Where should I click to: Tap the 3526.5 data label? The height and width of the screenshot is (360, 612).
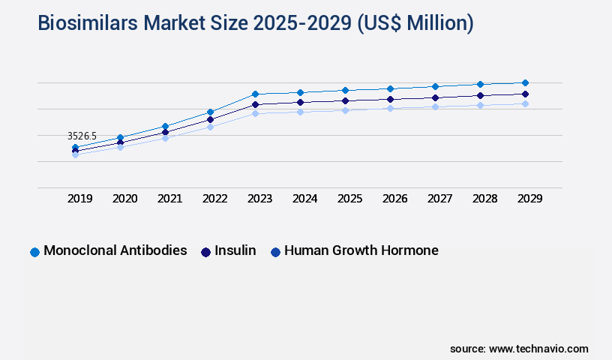(x=82, y=136)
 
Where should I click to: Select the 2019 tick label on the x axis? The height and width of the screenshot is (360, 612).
(x=80, y=199)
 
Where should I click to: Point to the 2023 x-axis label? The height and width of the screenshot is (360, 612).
(x=260, y=199)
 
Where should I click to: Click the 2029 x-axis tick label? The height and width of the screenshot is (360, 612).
(x=529, y=199)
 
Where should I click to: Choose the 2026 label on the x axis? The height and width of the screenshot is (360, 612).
(x=394, y=199)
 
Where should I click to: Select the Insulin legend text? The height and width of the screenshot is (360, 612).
(x=235, y=250)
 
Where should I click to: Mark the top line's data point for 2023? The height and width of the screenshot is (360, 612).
(x=255, y=94)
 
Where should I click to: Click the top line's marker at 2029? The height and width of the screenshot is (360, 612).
(x=525, y=82)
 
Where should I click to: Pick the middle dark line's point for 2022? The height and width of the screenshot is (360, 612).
(x=210, y=119)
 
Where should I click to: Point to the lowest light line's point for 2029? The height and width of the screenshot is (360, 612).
(x=525, y=103)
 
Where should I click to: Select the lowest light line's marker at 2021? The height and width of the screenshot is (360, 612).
(x=165, y=138)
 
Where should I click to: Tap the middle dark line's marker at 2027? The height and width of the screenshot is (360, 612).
(x=435, y=97)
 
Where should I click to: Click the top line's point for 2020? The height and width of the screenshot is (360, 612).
(x=120, y=137)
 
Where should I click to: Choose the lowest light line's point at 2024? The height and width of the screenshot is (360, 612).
(x=300, y=112)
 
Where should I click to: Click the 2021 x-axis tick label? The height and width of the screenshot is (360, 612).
(x=169, y=199)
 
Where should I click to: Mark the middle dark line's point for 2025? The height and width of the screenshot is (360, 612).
(x=345, y=100)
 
